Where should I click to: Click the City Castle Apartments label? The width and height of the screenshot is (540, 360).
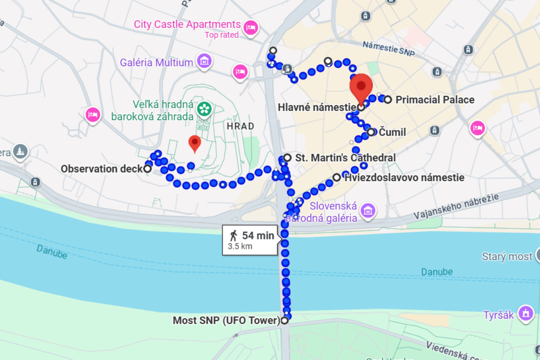[x=187, y=24]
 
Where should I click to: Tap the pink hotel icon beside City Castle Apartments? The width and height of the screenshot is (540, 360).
[x=250, y=28]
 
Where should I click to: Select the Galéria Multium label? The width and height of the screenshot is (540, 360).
[x=156, y=63]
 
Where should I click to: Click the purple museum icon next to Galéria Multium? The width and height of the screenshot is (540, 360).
[x=204, y=62]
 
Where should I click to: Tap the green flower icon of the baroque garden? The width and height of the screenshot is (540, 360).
[x=204, y=108]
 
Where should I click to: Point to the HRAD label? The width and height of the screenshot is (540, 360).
[x=240, y=126]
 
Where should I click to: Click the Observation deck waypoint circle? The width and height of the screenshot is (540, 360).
[x=147, y=169]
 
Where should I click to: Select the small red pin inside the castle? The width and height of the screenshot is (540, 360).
[x=194, y=143]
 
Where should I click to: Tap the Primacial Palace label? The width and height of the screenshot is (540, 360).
[x=435, y=99]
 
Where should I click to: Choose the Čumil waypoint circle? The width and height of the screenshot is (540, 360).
[x=371, y=132]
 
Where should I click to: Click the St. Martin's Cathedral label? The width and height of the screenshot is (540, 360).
[x=345, y=158]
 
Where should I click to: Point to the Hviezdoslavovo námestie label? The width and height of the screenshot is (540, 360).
[x=404, y=178]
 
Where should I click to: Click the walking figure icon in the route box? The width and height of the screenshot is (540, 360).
[x=234, y=235]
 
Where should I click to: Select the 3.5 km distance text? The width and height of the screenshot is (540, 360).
[x=240, y=246]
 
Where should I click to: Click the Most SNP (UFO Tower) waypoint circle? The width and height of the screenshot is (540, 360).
[x=284, y=321]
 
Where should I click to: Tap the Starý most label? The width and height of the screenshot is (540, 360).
[x=507, y=257]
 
